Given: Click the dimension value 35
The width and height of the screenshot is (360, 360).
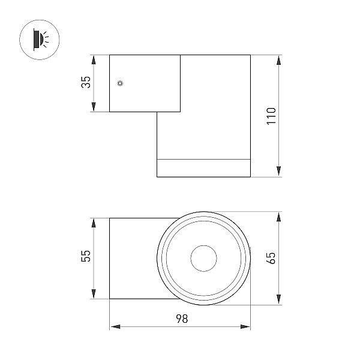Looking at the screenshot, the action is (86, 82).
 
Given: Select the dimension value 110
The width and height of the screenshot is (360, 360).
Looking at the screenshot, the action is (271, 116).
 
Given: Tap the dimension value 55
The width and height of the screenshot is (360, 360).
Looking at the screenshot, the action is (86, 256).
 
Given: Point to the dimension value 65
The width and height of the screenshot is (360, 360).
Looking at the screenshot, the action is (271, 258).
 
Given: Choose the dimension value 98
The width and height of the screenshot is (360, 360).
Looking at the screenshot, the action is (182, 319).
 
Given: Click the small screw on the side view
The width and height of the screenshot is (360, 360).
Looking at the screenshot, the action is (120, 83).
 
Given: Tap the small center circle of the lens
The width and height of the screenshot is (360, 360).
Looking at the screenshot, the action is (203, 258).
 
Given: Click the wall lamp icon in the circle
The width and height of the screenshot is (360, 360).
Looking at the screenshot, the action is (39, 40).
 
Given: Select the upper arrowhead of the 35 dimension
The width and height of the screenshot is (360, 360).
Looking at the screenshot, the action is (94, 59).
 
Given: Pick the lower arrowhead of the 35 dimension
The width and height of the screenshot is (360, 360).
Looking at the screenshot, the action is (94, 107).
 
